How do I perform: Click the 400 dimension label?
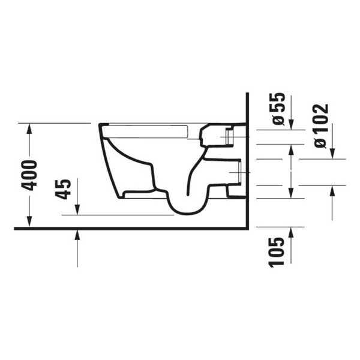pos(29,176)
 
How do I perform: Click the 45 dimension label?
pos(63,190)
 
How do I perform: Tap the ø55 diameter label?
pos(278,109)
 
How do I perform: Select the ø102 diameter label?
pos(321,126)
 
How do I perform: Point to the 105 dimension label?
pos(277,253)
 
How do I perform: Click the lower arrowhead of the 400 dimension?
pos(29,222)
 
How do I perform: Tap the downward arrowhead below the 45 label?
pos(77,210)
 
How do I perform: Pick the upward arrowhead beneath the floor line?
pos(77,235)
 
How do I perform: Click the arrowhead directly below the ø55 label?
pos(291,125)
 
